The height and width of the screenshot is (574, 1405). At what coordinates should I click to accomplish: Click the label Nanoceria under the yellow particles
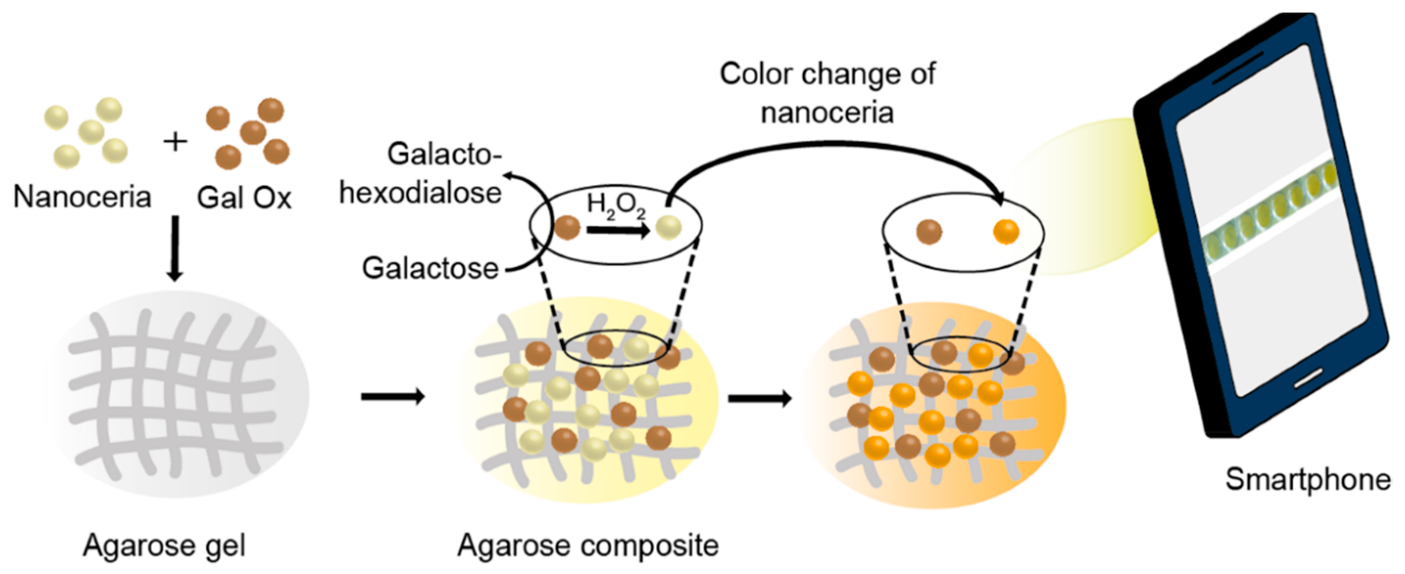[82, 197]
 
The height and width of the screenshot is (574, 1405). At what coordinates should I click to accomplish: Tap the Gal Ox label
[244, 198]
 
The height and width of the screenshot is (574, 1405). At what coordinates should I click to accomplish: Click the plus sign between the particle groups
[176, 143]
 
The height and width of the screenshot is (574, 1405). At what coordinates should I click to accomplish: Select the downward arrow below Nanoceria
[175, 248]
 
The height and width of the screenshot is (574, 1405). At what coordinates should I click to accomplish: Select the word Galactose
[430, 268]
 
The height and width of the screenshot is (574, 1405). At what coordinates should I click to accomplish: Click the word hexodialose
[420, 192]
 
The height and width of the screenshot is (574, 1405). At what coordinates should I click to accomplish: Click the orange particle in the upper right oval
[1006, 232]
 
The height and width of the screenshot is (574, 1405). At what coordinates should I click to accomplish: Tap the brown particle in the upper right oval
[929, 232]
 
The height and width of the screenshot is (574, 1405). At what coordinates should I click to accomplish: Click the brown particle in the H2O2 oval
[567, 227]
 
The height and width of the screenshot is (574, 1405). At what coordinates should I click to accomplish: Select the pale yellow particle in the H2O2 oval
[669, 227]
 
